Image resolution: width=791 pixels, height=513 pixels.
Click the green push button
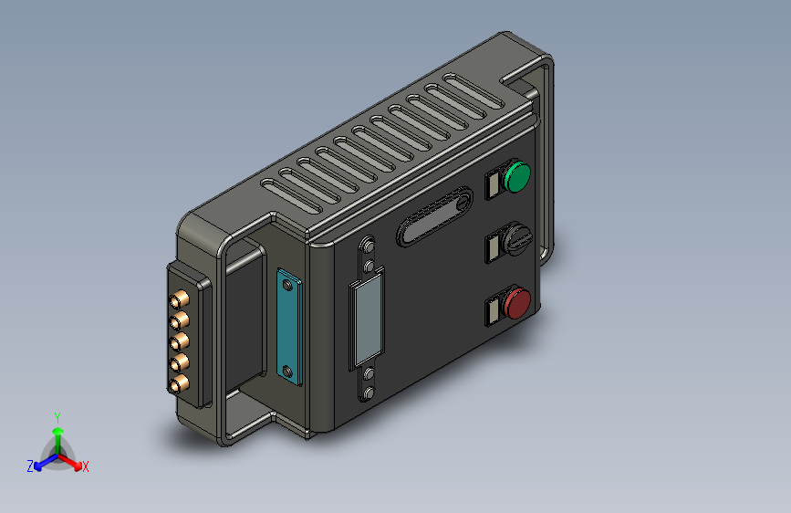click(517, 177)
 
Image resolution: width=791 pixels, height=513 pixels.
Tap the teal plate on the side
click(289, 327)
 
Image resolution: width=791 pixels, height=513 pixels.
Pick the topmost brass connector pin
click(180, 300)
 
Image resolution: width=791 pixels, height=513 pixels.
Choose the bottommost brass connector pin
click(179, 385)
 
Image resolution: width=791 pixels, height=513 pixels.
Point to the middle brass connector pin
click(179, 341)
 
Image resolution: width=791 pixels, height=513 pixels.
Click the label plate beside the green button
click(493, 184)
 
